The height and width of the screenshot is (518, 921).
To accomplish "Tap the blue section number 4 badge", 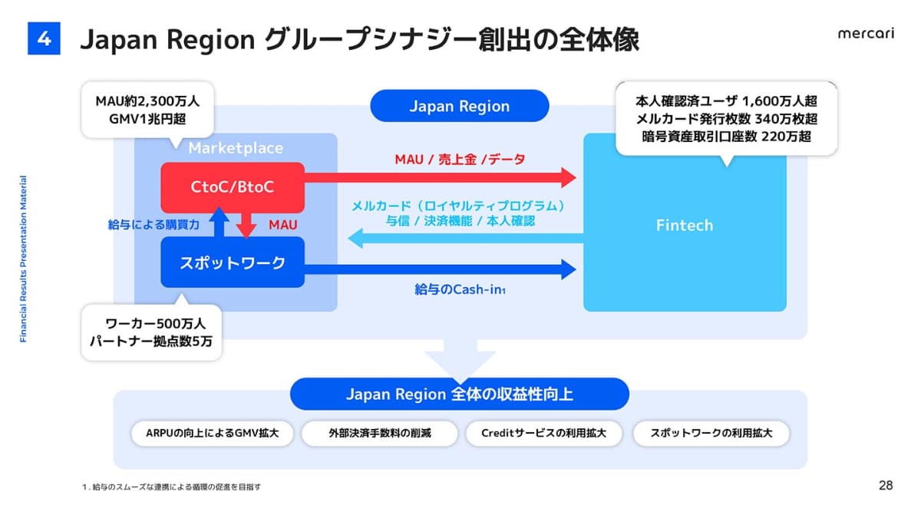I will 44,38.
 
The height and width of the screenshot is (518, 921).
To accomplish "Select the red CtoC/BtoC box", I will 233,187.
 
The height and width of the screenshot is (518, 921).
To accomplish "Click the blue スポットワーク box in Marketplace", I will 233,262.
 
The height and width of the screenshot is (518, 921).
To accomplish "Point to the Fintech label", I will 685,225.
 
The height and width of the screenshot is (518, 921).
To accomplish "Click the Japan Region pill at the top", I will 459,106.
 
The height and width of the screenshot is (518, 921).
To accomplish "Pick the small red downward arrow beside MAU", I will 247,225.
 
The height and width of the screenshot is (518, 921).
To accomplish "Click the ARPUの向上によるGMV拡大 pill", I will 211,433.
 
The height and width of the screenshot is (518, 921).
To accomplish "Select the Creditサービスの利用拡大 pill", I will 543,433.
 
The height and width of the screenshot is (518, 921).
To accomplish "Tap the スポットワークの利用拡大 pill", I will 711,433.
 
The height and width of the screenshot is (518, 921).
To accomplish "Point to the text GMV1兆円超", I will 147,118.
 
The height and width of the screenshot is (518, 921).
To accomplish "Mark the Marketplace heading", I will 236,148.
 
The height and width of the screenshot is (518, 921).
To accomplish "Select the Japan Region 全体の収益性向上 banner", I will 459,395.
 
